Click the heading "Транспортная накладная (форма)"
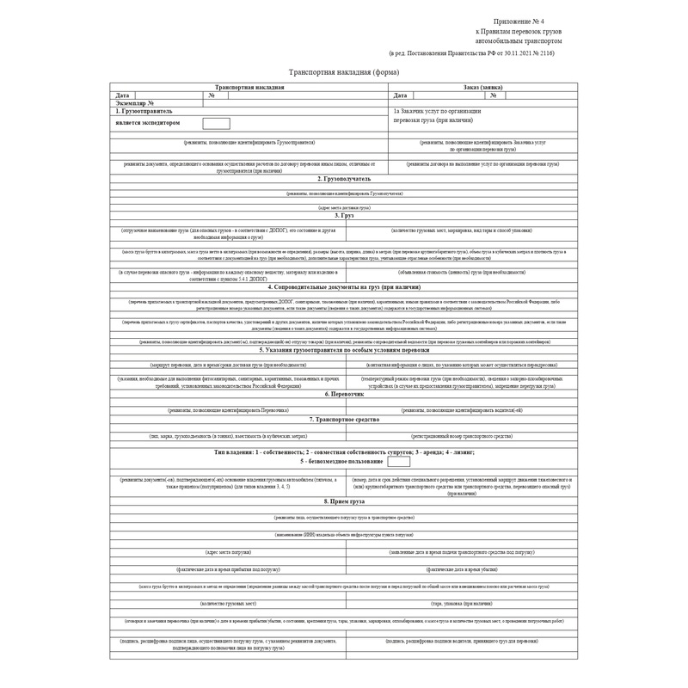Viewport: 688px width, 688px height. coord(343,73)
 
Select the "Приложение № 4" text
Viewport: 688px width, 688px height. coord(519,21)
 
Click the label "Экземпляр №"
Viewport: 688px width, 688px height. coord(134,103)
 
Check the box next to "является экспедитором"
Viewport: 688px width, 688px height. coord(216,123)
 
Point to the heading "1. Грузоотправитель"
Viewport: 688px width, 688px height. coord(144,112)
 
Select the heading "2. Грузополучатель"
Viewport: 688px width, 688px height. coord(343,179)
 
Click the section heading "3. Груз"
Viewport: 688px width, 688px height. coord(343,215)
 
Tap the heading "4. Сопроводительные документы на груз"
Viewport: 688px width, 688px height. coord(343,286)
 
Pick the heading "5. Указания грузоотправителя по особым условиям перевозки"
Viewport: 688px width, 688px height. coord(343,350)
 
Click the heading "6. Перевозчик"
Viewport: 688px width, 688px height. coord(343,394)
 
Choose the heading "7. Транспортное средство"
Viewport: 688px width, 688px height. coord(343,419)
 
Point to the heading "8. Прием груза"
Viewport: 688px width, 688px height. coord(343,501)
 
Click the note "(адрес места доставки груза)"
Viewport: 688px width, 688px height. coord(343,207)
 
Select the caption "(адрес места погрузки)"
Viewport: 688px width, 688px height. coord(228,551)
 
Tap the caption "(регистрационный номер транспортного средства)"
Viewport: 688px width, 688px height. coord(461,437)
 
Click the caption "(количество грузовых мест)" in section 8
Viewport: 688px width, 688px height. coord(228,604)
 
